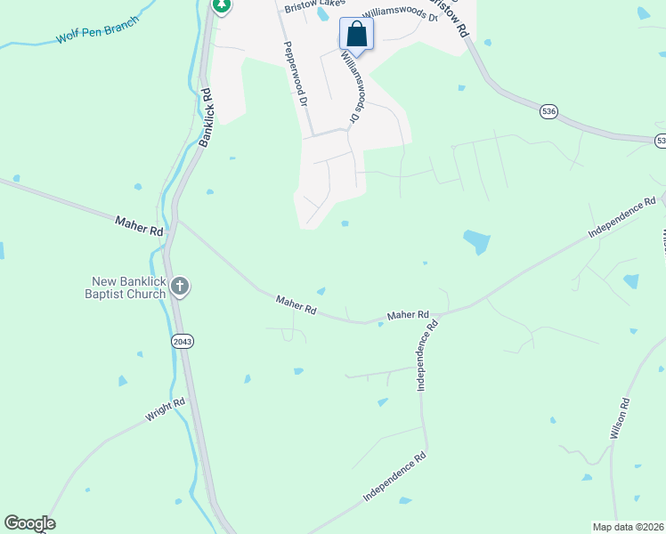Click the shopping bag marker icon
(356, 36)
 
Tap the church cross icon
(180, 286)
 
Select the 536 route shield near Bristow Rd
(548, 111)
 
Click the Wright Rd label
(166, 409)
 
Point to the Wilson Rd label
(621, 419)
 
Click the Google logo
(29, 523)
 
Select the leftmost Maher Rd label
(140, 225)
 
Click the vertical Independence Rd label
(426, 356)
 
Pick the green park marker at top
(222, 6)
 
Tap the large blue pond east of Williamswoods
(476, 241)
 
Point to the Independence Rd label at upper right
(621, 218)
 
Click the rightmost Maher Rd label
(408, 315)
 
